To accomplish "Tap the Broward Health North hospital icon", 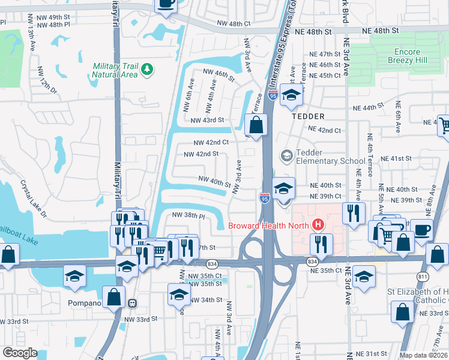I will tap(318, 226).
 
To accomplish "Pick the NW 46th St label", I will tap(218, 76).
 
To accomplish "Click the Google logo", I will tap(20, 352).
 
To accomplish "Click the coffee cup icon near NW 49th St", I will tap(166, 4).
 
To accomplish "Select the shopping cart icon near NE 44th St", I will tap(444, 125).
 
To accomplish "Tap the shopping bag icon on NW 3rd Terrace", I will tap(256, 125).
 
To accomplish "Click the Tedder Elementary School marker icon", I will tap(286, 156).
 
